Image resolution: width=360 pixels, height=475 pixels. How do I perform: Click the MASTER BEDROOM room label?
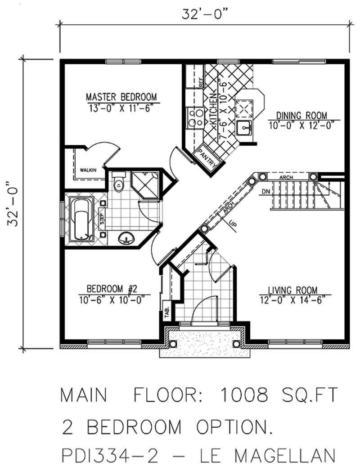coord(121,97)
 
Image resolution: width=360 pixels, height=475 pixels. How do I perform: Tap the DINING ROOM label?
coord(301,115)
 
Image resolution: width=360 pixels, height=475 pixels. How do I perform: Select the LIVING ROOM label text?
coord(293,290)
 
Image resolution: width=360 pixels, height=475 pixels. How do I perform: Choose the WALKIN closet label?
coord(89,170)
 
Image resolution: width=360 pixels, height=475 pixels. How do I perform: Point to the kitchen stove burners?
coord(195,117)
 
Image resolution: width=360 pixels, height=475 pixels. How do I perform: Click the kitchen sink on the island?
coord(245,128)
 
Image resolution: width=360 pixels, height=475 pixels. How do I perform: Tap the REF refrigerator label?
coord(201,82)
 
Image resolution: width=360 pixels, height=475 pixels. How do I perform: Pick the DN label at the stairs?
coord(265,192)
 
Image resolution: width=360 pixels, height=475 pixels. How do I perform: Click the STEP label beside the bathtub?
coord(102,219)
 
